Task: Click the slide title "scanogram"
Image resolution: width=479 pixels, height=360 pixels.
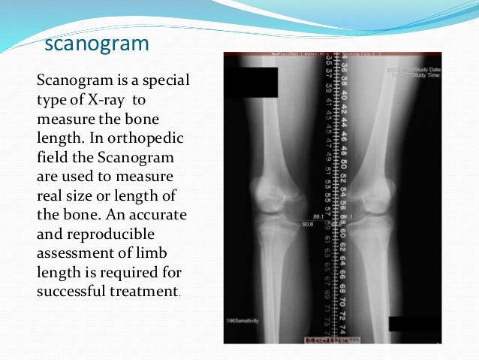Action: point(97,44)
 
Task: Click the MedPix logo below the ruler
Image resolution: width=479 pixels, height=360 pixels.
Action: point(323,338)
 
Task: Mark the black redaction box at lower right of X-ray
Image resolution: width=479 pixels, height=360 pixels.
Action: point(415,323)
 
